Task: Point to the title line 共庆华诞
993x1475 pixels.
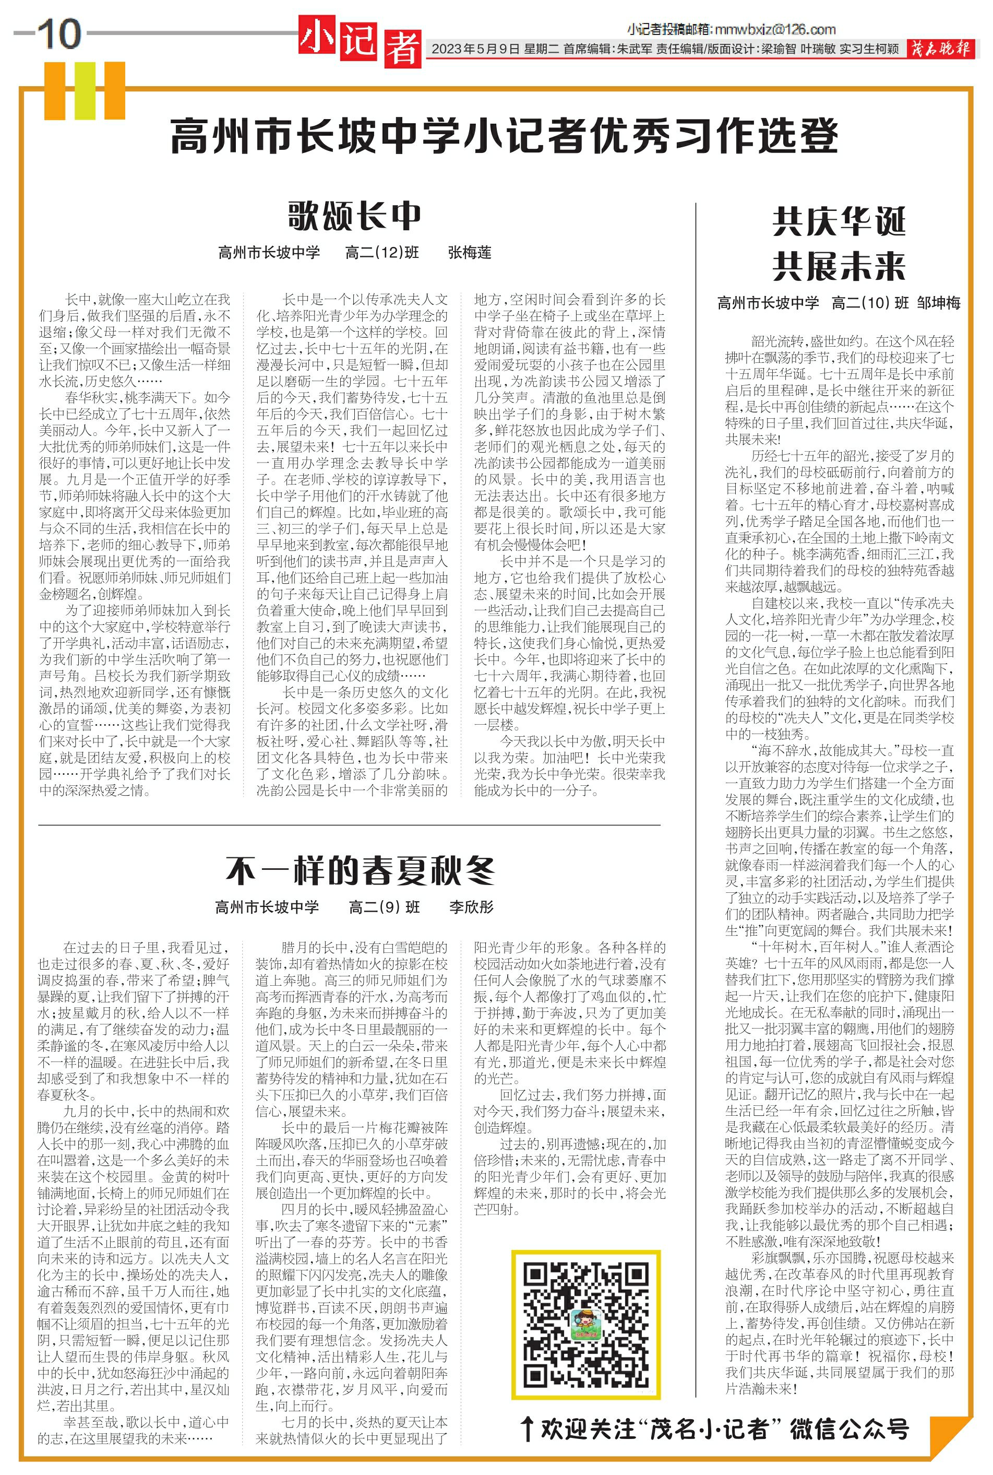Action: [839, 221]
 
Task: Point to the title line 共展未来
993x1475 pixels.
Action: [839, 266]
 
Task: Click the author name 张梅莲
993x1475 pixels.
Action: [469, 253]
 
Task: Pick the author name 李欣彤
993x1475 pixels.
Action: [471, 907]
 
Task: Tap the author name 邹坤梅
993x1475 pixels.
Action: [939, 303]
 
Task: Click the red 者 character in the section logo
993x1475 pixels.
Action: [402, 49]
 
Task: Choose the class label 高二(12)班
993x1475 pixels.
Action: [382, 253]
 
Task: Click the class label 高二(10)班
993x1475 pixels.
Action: [870, 303]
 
